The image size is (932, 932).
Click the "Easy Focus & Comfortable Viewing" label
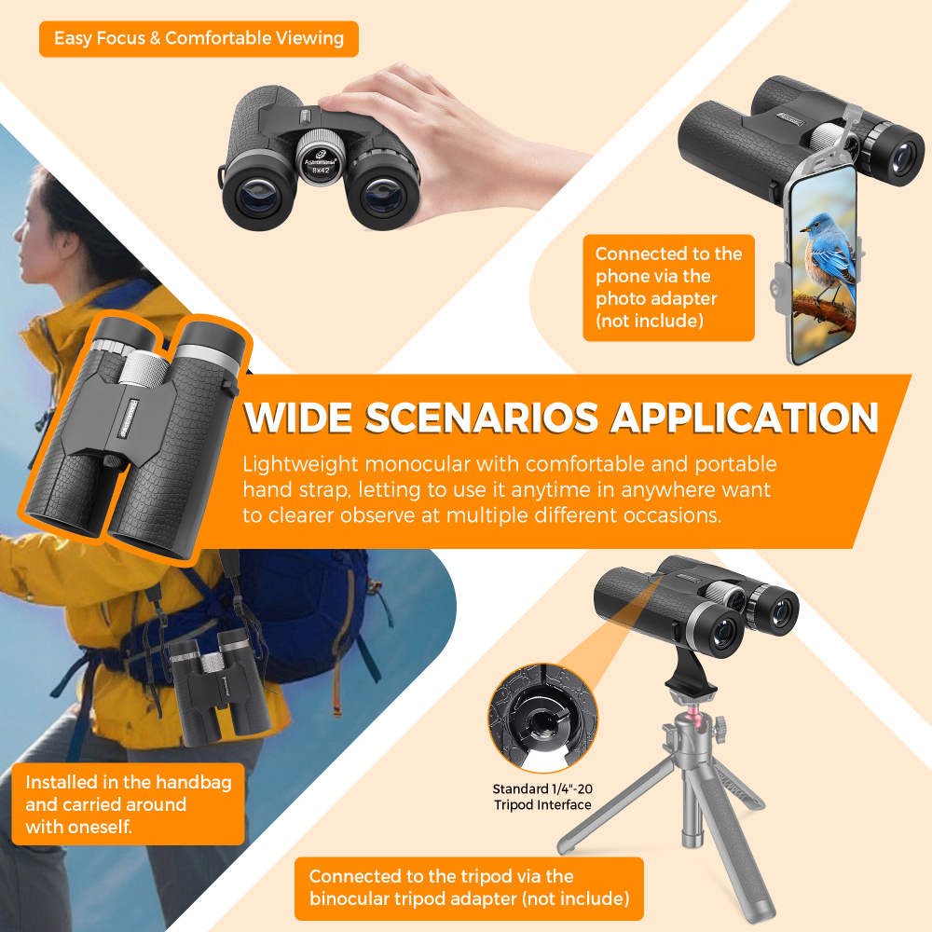(x=199, y=38)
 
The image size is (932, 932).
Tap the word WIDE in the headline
(x=298, y=418)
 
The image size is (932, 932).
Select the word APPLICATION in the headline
(x=745, y=418)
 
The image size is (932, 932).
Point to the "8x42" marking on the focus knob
(x=321, y=170)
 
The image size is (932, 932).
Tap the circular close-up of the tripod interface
(x=542, y=718)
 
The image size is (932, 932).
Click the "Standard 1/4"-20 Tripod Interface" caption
(x=542, y=797)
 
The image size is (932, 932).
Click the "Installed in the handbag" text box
(x=128, y=803)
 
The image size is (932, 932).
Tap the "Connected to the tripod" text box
(x=469, y=888)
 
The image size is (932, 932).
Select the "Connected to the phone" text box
(x=668, y=288)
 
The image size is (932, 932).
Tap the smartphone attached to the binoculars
(x=823, y=264)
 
